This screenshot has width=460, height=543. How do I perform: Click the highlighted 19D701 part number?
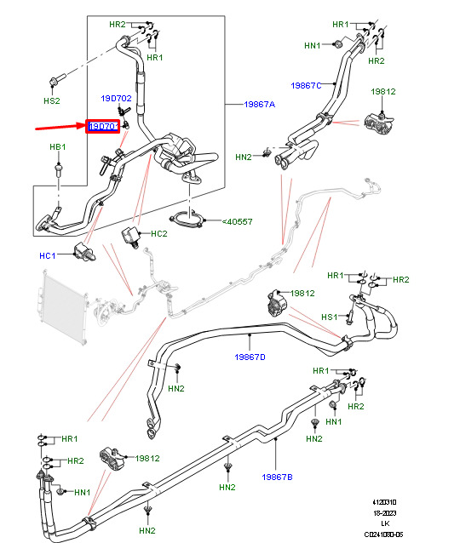coord(103,127)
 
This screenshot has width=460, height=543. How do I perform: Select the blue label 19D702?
coord(116,99)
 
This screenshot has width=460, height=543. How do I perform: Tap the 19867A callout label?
coord(260,104)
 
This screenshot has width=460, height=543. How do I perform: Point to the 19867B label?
coord(277,477)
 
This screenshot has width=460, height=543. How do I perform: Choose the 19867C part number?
coord(306,85)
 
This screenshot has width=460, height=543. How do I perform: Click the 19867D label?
coord(250,357)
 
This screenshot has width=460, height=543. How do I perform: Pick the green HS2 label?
coord(52,100)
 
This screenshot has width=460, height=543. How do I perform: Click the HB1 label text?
coord(58,147)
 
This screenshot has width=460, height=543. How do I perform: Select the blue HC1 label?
coord(47,255)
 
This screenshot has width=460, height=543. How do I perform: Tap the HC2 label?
coord(159,234)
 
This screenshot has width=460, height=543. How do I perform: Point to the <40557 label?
coord(237,221)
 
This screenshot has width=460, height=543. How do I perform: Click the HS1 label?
coord(329,317)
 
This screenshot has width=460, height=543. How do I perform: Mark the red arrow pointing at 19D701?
coord(60,127)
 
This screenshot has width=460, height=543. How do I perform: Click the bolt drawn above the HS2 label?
coord(57,80)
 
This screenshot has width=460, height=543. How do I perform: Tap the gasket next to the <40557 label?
coord(186,220)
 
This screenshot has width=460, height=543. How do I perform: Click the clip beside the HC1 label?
coord(84,252)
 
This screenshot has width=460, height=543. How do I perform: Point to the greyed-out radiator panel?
coord(63,306)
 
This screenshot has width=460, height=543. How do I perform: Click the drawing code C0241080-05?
coord(383,534)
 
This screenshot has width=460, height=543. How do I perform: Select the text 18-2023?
coord(384,513)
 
